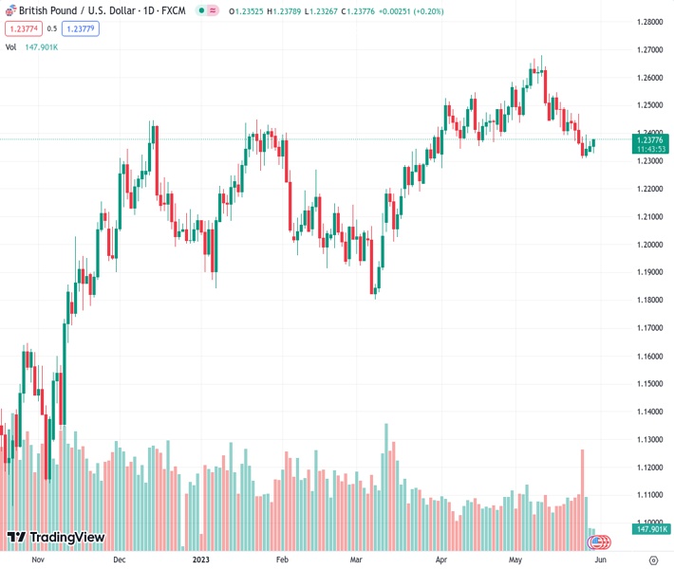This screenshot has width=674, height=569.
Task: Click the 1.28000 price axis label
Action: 650,22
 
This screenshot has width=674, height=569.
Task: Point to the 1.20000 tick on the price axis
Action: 650,245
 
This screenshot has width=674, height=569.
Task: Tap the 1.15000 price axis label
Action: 650,384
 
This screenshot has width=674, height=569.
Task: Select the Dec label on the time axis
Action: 120,560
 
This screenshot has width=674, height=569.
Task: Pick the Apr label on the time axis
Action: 441,560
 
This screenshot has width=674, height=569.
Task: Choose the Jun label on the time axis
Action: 600,560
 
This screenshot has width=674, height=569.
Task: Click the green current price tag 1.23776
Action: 650,138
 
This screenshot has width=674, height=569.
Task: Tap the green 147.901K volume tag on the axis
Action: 652,529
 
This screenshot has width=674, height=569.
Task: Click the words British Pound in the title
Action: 45,10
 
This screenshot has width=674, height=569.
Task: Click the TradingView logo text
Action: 66,538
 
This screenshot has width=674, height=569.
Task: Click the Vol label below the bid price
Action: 10,46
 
